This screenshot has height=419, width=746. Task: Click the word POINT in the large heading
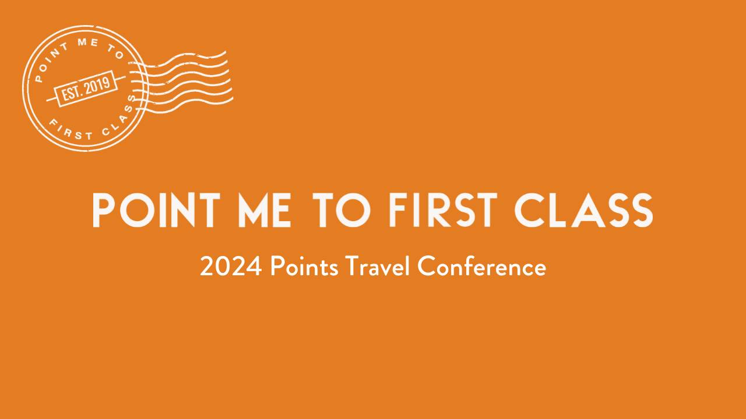click(157, 210)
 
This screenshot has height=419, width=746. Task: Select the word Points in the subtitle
click(304, 268)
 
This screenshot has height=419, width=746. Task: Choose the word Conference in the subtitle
click(482, 268)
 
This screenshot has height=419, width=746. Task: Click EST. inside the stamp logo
click(72, 92)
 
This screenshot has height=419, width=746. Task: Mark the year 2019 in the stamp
click(97, 86)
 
